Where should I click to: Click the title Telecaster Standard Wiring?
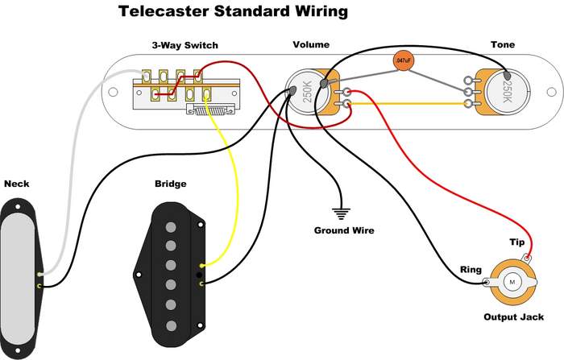pos(234,12)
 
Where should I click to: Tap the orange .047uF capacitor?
pos(403,60)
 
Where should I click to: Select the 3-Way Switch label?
pos(185,45)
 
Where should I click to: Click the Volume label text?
pos(310,45)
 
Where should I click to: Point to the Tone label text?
pos(502,45)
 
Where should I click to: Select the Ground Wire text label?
pos(344,230)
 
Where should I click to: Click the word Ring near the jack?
pos(471,271)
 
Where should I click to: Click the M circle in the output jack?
pos(512,282)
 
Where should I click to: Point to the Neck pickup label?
pos(17,184)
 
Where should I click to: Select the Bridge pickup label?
pos(170,184)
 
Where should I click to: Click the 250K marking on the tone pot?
pos(507,88)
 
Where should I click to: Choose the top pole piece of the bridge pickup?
pos(171,229)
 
